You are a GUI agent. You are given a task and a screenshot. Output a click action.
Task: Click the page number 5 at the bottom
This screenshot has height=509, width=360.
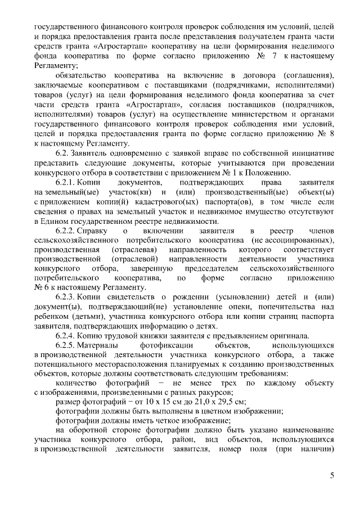pos(332,476)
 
